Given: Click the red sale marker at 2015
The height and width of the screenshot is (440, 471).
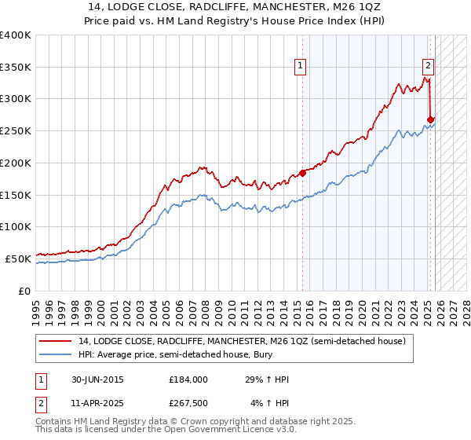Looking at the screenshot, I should (x=302, y=174).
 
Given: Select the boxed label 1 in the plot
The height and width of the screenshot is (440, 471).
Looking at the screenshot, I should (x=301, y=67).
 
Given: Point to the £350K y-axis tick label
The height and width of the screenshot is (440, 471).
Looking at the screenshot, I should (x=16, y=67).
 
